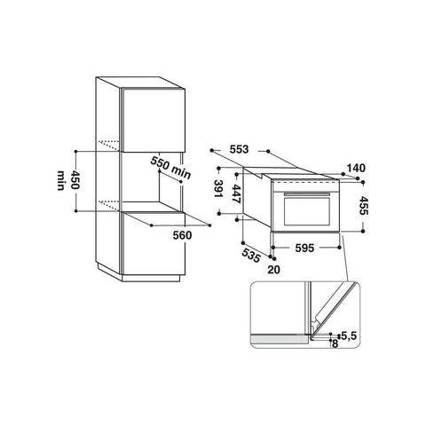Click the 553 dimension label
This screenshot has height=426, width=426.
click(239, 150)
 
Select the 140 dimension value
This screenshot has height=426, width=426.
click(356, 168)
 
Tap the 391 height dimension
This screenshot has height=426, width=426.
click(218, 189)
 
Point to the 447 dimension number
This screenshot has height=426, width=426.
click(236, 193)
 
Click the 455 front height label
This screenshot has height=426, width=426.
click(364, 206)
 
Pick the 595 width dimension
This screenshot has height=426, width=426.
click(304, 248)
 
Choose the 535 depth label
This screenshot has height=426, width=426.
click(251, 256)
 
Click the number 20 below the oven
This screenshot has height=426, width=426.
click(273, 270)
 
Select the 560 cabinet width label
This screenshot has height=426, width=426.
click(182, 235)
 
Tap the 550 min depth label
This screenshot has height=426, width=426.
click(170, 168)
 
